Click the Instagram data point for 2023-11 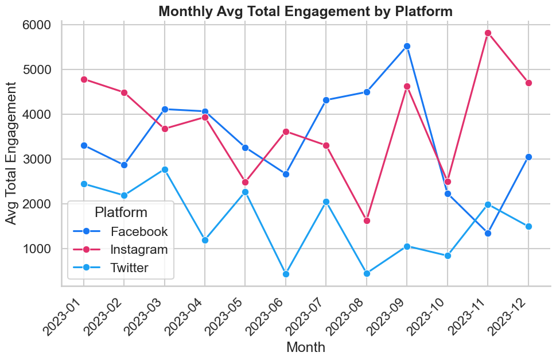point(488,33)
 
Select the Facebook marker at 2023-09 point(407,47)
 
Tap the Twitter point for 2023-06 point(286,274)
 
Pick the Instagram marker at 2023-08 point(367,220)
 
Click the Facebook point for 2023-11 point(488,233)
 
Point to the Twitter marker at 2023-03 point(165,169)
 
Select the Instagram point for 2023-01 point(84,79)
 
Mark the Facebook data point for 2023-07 point(326,100)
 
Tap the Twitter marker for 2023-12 point(528,226)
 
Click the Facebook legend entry point(139,232)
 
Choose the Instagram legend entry point(139,250)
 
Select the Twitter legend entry point(130,268)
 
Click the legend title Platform point(120,212)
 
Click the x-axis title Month point(306,347)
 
